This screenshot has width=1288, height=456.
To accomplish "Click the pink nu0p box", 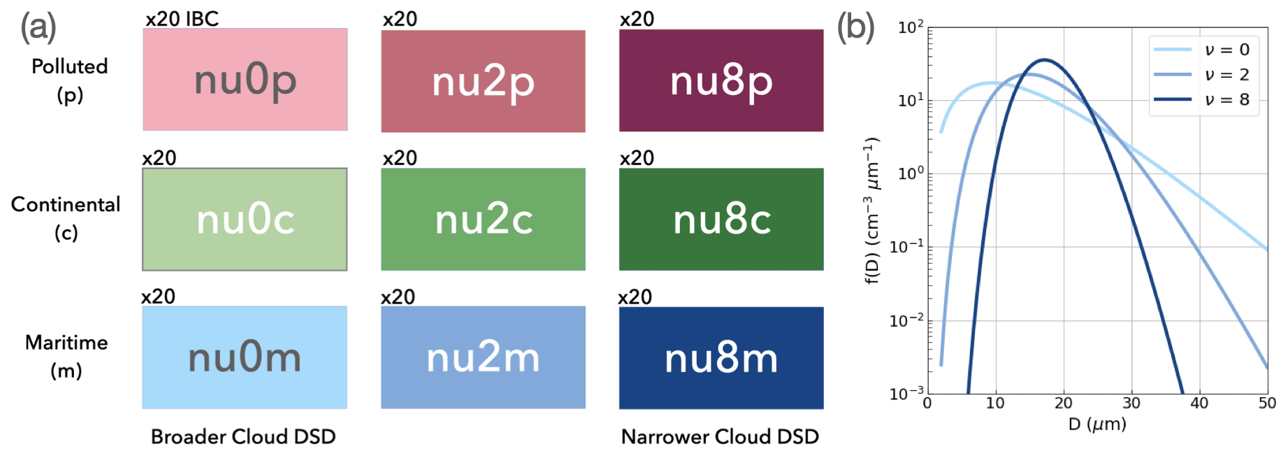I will click(245, 80).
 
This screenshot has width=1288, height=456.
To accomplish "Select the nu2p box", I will click(483, 81).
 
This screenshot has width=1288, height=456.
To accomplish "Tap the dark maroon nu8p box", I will click(721, 80).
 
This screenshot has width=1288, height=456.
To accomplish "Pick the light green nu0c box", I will click(245, 219).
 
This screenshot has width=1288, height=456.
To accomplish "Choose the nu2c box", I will click(483, 219).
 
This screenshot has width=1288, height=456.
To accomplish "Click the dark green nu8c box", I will click(721, 219).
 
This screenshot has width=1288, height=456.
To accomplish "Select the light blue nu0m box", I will click(245, 357).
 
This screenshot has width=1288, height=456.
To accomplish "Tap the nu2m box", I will click(483, 357).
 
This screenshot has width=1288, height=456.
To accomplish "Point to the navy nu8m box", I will click(721, 358).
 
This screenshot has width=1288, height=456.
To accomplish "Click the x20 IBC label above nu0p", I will click(182, 19).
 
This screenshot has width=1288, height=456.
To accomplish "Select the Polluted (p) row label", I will click(70, 80).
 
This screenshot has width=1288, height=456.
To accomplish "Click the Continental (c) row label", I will click(66, 218).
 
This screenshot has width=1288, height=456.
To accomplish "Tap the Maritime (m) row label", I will click(66, 356).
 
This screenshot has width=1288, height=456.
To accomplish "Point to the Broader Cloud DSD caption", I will click(243, 436).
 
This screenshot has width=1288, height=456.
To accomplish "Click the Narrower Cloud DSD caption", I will click(720, 436).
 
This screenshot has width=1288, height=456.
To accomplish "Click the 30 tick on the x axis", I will click(1131, 403).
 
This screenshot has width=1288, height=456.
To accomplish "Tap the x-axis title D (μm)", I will click(1097, 424).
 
